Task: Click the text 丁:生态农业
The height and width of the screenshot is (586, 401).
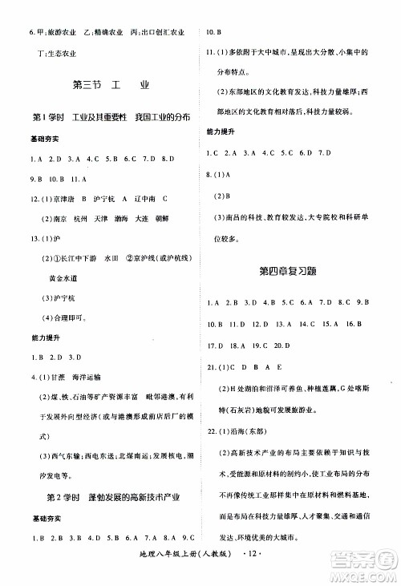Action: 47,53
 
